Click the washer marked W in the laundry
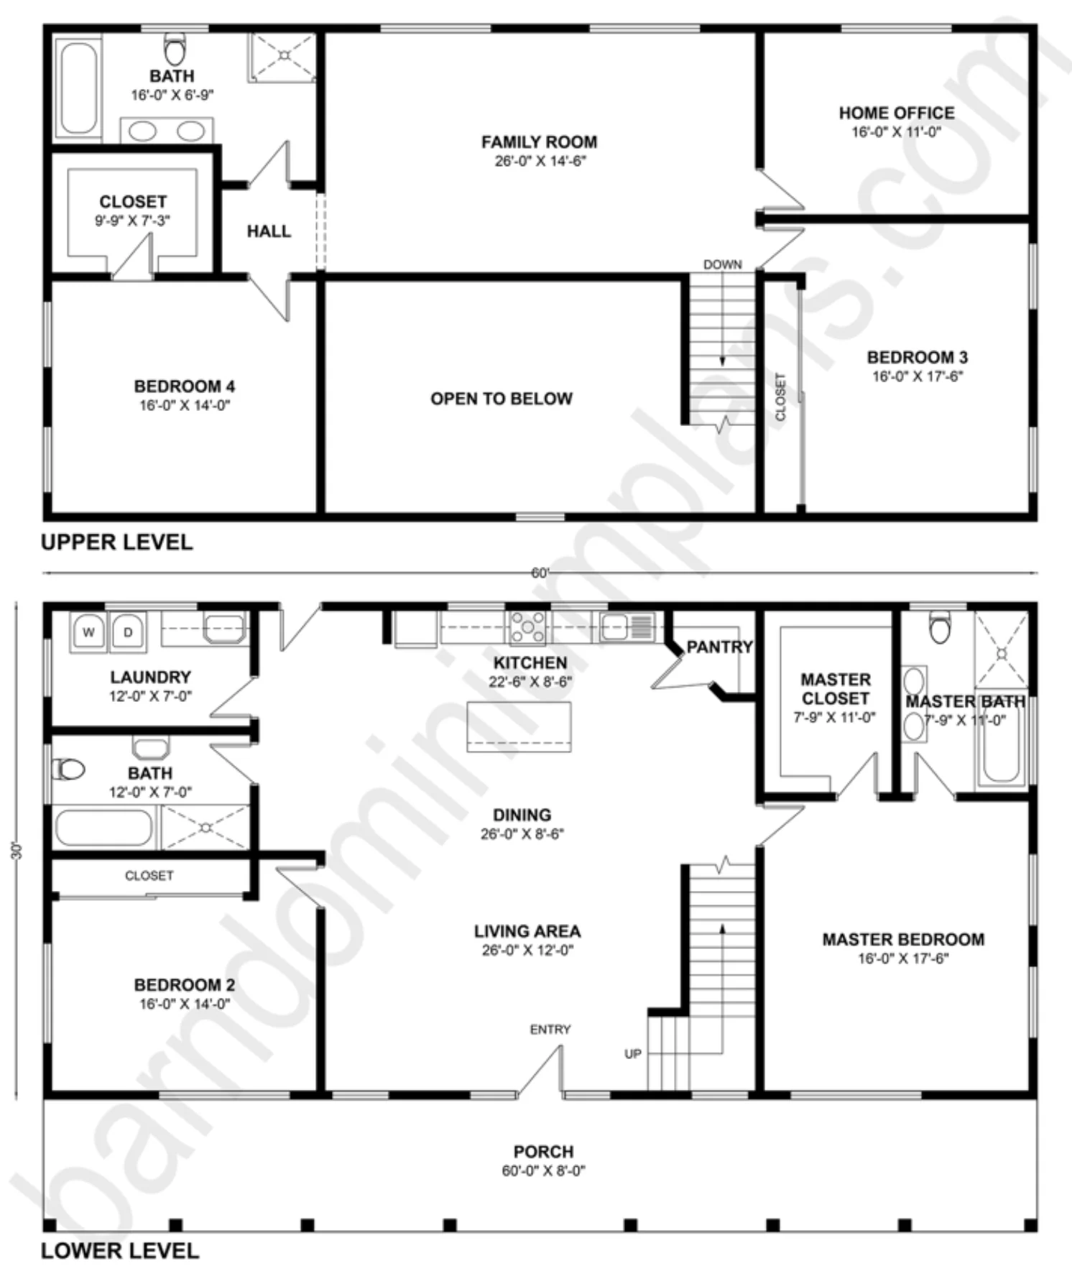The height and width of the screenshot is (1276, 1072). point(88,632)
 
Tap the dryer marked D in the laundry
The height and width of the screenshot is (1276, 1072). point(128,632)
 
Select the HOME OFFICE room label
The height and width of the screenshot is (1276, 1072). point(897,113)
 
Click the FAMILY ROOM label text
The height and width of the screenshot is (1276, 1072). point(539,142)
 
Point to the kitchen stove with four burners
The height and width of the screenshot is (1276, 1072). point(528,627)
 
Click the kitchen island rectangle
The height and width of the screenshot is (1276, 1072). point(519,726)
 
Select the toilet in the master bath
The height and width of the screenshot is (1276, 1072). point(940,627)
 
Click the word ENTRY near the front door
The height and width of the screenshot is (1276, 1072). point(550,1030)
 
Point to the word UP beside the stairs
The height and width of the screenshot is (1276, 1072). point(633,1054)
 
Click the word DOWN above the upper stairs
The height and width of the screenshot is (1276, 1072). point(723,264)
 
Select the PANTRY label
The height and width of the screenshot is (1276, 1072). point(719,647)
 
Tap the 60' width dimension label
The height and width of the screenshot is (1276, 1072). point(540,573)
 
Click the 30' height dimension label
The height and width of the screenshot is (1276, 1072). point(18,851)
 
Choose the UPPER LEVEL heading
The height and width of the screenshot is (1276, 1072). point(117,542)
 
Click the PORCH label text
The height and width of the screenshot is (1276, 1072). point(543,1151)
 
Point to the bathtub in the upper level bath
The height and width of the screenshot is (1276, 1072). point(78,88)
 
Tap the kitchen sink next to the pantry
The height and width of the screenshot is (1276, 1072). point(627,627)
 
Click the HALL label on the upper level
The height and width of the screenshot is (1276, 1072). point(269,231)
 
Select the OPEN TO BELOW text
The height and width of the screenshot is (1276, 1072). point(502,399)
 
